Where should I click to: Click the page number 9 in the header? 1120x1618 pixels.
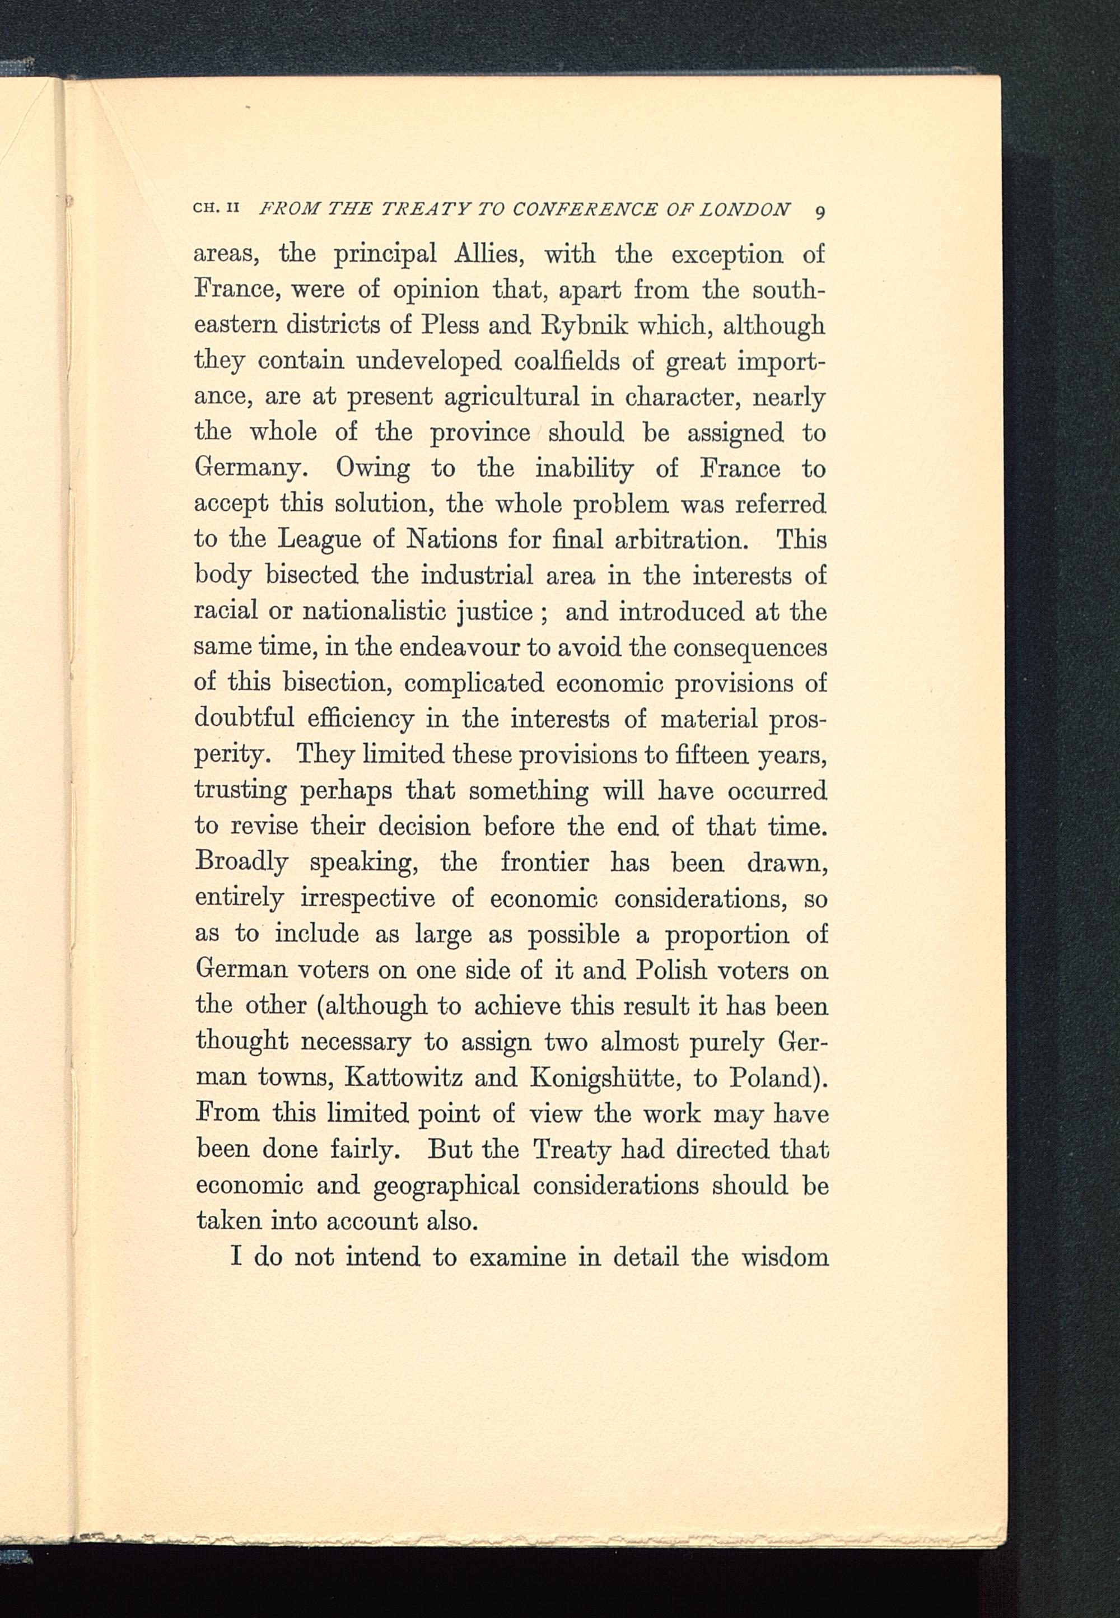click(820, 211)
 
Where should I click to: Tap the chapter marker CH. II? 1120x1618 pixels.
click(217, 208)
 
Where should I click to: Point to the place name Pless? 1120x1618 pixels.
click(449, 325)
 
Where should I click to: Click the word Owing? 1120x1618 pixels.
click(372, 469)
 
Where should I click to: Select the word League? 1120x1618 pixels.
click(319, 539)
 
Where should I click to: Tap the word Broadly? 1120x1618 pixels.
click(241, 862)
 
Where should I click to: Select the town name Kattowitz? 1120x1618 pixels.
click(404, 1077)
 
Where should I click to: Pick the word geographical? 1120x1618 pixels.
click(446, 1186)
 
